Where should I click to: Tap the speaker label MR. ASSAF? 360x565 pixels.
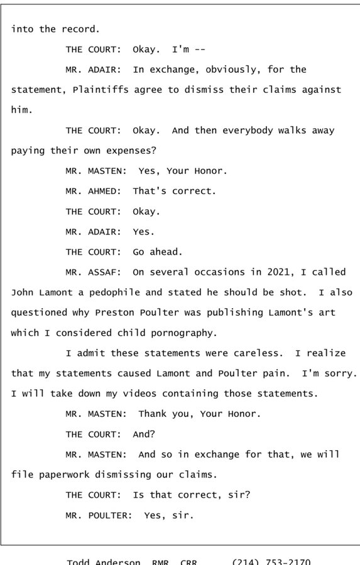click(94, 272)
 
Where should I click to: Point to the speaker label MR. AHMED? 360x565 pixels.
click(94, 191)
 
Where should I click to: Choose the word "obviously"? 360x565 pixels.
click(213, 70)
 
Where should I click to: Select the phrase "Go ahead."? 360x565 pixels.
click(157, 252)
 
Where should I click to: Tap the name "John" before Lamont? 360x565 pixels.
click(23, 293)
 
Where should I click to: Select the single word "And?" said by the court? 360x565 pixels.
click(143, 434)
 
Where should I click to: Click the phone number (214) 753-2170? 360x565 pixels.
click(271, 561)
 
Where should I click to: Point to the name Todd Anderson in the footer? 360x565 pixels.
click(104, 561)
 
